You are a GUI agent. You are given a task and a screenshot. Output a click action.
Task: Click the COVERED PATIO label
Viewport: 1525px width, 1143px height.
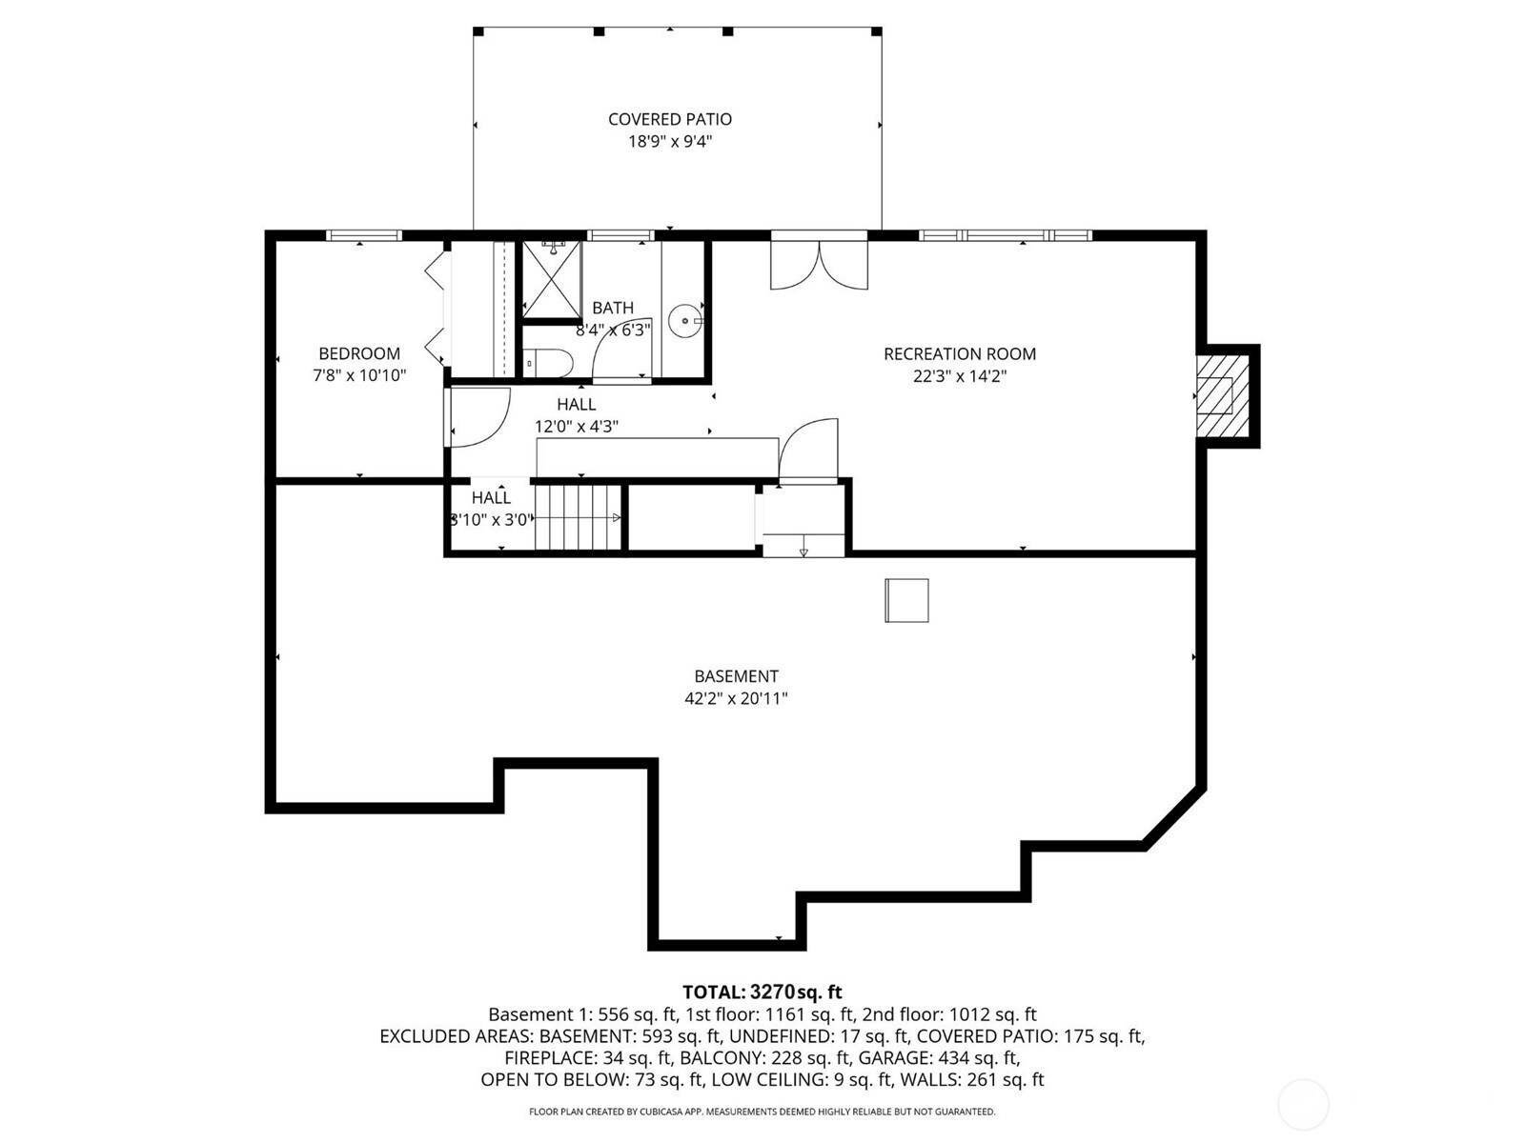tap(670, 119)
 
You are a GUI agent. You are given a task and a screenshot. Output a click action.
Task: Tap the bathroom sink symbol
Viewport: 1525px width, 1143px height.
tap(684, 321)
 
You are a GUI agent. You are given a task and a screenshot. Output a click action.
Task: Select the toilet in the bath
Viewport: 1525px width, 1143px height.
tap(548, 363)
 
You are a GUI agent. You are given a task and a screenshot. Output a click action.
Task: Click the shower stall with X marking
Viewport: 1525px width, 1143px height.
tap(552, 278)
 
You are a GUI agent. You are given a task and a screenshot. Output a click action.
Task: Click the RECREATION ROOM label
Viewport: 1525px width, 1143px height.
tap(959, 353)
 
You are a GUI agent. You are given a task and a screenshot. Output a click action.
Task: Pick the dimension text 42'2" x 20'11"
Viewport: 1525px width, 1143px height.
tap(736, 699)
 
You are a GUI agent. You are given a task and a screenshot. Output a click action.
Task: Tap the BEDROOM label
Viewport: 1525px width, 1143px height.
tap(359, 353)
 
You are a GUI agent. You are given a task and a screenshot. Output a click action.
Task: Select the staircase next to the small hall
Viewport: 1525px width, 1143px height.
tap(578, 517)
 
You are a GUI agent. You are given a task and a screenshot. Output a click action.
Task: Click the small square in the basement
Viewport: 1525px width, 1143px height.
tap(906, 600)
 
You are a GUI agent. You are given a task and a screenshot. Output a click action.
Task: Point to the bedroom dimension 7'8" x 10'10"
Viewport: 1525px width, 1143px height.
tap(359, 376)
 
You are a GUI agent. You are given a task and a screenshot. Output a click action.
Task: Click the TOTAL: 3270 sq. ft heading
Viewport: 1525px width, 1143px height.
tap(762, 993)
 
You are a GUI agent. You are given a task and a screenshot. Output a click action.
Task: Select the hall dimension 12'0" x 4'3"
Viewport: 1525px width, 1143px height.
tap(577, 427)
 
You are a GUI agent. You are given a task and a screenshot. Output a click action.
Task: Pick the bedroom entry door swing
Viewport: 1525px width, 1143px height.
tap(477, 416)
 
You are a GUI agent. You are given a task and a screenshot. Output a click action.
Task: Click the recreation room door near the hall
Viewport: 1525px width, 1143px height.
tap(809, 450)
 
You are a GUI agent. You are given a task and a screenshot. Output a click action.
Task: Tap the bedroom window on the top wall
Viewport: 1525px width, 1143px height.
tap(363, 235)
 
